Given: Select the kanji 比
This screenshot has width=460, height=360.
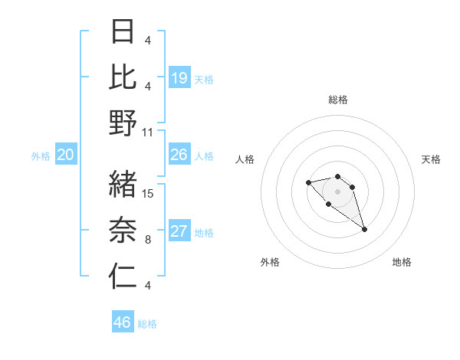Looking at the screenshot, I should [123, 77].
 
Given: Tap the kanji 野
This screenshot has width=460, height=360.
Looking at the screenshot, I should [123, 123].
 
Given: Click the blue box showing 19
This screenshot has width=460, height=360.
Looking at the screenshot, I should [179, 77].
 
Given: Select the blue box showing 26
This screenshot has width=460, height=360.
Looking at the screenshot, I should [179, 155].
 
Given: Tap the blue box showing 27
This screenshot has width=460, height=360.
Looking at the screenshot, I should [179, 231].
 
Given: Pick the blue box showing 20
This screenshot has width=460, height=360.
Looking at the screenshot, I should [66, 155].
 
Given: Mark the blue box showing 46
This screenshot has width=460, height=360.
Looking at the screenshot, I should [123, 322].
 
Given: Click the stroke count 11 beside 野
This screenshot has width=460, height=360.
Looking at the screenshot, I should [149, 132].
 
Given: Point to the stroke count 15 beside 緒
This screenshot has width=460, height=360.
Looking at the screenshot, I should [149, 193].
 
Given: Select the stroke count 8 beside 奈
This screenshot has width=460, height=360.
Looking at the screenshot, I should [147, 239].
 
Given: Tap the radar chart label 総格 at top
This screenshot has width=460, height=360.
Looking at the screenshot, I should [338, 100].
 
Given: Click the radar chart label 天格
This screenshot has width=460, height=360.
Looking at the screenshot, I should [432, 159].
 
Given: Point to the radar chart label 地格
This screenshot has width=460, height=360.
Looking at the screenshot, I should [402, 262].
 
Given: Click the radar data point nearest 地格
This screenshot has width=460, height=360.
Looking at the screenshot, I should [364, 229].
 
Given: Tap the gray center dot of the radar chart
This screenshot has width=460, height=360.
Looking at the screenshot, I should [338, 191].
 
